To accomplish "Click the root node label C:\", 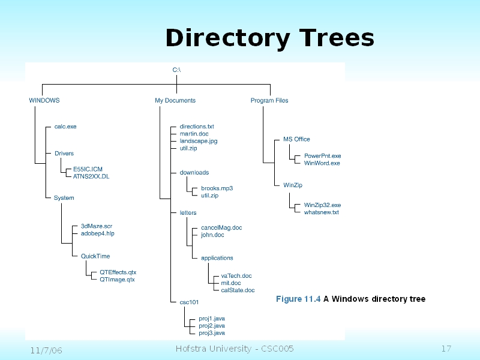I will point(176,70).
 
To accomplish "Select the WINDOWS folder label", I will point(44,101).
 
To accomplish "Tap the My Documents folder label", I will point(175,101).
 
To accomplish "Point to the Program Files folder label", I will point(269,101).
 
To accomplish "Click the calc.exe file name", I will point(65,127).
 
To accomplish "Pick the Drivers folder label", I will point(64,154).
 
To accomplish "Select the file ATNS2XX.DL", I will point(91,177).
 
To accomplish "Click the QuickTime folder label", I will point(95,256).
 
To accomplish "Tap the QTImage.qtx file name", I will point(118,280).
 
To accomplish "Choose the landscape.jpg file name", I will point(199,141).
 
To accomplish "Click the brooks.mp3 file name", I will point(217,188).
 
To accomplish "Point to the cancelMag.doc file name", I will point(221,228).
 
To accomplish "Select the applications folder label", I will point(217,258).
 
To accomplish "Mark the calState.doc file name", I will point(238,290).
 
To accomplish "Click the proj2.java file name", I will point(212,325).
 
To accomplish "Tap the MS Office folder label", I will point(296,139).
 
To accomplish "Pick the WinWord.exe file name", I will point(322,163).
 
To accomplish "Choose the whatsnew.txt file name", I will point(322,212).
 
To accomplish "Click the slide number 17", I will point(446,349).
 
